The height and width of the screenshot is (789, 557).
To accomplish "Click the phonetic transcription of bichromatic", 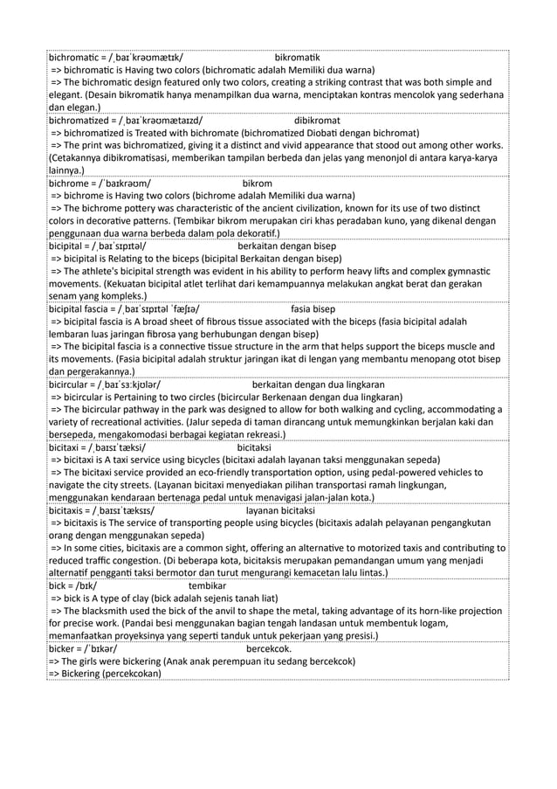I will [148, 56].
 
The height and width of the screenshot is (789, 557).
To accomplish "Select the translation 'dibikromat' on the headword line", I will [317, 120].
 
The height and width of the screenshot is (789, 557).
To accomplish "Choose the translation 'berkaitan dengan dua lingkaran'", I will [318, 384].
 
